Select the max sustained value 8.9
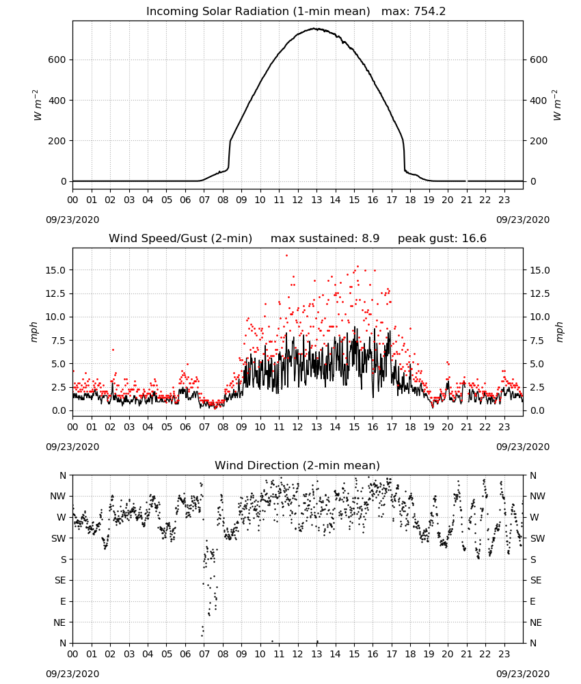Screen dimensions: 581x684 pos(370,239)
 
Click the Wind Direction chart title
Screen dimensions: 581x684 pos(297,465)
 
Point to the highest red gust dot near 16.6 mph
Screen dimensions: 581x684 pos(286,256)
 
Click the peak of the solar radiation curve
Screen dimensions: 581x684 pos(314,29)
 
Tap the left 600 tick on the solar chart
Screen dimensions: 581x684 pos(57,60)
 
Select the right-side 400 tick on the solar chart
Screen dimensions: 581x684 pos(539,101)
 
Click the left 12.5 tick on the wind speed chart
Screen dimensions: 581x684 pos(55,293)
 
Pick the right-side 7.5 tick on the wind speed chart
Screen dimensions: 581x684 pos(537,340)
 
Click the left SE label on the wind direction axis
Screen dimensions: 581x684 pos(60,580)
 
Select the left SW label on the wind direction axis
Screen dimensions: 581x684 pos(59,538)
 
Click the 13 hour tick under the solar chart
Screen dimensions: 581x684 pos(316,200)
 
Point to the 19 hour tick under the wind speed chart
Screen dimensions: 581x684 pos(429,427)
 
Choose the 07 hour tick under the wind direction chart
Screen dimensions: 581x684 pos(204,655)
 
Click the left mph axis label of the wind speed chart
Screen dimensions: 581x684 pos(34,332)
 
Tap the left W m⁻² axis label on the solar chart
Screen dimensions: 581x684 pos(37,105)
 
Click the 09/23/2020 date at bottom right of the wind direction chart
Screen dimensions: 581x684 pos(523,674)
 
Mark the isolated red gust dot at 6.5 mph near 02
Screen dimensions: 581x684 pos(113,350)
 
